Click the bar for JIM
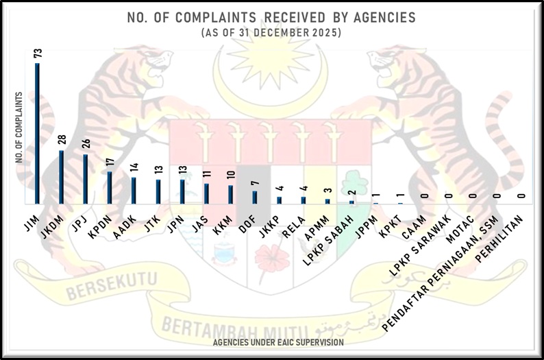[37, 134]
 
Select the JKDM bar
[61, 177]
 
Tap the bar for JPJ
[85, 179]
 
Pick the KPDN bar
[110, 187]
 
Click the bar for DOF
[255, 197]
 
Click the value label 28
[61, 140]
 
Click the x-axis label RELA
[293, 223]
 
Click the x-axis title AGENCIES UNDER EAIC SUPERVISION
[277, 341]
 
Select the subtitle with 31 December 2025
[271, 33]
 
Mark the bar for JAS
[206, 193]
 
